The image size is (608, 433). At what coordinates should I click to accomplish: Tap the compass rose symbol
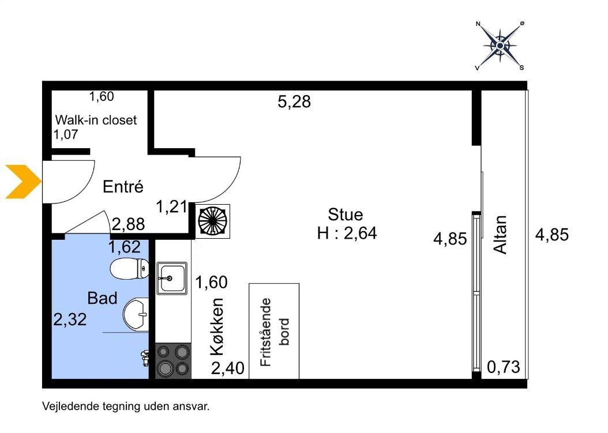click(500, 46)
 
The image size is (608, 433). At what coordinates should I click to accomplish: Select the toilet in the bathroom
click(130, 269)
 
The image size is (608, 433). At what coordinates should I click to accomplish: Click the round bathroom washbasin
click(136, 314)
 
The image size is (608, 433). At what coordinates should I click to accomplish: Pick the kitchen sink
click(172, 278)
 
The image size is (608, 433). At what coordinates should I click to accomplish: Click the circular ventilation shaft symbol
click(212, 221)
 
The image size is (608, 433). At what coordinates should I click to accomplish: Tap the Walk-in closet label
click(96, 120)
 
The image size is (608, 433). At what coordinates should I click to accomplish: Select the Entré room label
click(123, 187)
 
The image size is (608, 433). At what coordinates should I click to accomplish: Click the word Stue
click(346, 214)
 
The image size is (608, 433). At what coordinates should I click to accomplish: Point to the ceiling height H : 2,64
click(347, 234)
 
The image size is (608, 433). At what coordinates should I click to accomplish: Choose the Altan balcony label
click(500, 235)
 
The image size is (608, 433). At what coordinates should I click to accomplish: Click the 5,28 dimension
click(294, 101)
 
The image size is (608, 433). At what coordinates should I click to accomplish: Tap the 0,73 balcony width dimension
click(504, 367)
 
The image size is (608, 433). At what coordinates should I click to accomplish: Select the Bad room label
click(102, 298)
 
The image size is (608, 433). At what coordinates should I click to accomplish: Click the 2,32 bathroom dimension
click(70, 319)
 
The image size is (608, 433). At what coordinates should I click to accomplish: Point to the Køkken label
click(217, 327)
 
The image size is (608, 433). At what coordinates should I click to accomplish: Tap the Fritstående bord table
click(274, 332)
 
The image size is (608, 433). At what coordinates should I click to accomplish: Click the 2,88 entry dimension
click(128, 224)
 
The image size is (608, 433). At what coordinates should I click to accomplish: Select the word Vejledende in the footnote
click(72, 406)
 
